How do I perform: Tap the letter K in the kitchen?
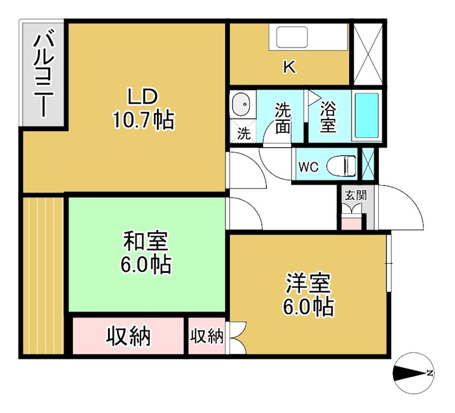[289, 67]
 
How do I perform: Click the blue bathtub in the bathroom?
[367, 116]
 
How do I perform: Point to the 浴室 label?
[328, 117]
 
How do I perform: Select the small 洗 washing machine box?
[243, 134]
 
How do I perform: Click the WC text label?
[308, 167]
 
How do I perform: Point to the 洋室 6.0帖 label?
[308, 295]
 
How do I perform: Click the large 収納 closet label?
[129, 336]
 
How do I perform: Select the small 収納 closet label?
[206, 336]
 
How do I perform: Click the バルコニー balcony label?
[43, 74]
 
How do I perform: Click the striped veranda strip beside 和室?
[43, 273]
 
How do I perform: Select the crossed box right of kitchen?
[367, 54]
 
